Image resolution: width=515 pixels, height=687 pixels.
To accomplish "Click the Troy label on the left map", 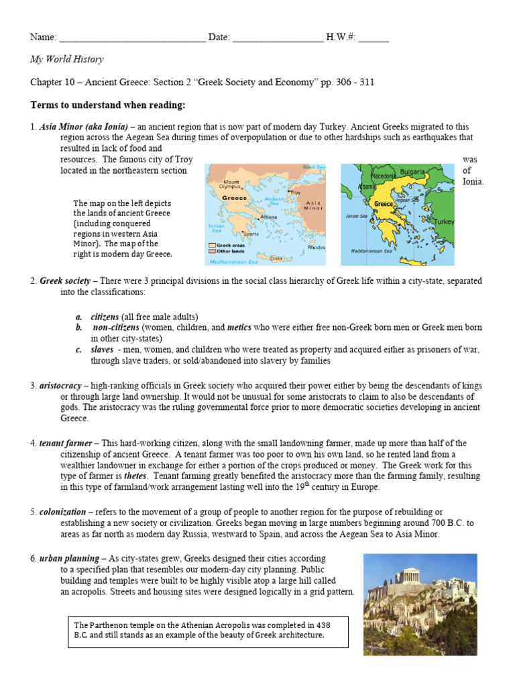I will pyautogui.click(x=296, y=193).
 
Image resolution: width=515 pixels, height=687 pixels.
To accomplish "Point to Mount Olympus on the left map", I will pyautogui.click(x=231, y=184).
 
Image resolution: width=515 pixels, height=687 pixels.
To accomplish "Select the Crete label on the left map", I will pyautogui.click(x=275, y=258).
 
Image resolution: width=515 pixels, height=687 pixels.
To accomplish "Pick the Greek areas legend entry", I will pyautogui.click(x=228, y=246).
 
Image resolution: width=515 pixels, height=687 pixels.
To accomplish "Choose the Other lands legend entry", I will pyautogui.click(x=228, y=252).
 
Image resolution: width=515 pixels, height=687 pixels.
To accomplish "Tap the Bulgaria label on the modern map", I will pyautogui.click(x=412, y=172).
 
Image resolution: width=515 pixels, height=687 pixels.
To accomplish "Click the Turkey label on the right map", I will pyautogui.click(x=443, y=221).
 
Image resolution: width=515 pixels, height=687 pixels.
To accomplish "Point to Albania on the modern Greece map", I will pyautogui.click(x=367, y=187).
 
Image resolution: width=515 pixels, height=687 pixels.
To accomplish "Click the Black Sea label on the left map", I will pyautogui.click(x=312, y=167).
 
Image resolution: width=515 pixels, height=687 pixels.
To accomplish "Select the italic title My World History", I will pyautogui.click(x=67, y=59).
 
